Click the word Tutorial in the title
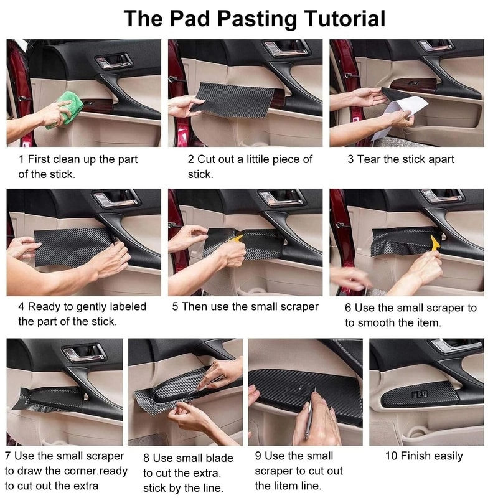tap(345, 19)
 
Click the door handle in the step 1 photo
tap(114, 61)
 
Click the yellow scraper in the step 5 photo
tap(237, 239)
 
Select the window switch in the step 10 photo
tap(420, 394)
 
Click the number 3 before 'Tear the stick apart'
tap(350, 159)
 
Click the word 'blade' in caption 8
tap(220, 458)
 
